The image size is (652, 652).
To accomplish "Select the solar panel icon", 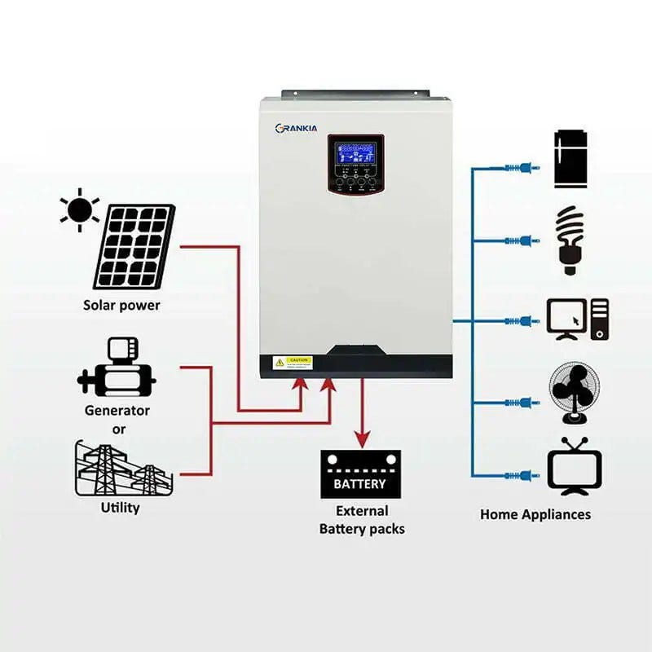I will click(x=134, y=245).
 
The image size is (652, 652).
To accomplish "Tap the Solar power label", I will click(x=121, y=306).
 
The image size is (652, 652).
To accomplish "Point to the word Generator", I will click(x=117, y=410).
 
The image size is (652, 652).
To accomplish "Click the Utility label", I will click(x=121, y=508).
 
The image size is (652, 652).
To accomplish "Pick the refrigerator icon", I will click(x=570, y=158).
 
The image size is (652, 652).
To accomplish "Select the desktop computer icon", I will click(x=577, y=319).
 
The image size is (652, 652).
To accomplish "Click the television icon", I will click(x=574, y=466).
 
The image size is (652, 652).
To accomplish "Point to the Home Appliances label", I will click(x=535, y=514).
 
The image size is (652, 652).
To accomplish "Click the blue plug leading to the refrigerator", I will click(x=522, y=167).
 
